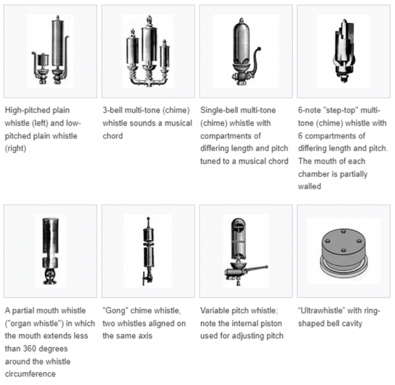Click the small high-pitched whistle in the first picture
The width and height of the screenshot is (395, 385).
coord(43,60)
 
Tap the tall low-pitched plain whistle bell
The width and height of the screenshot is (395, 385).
coord(58,43)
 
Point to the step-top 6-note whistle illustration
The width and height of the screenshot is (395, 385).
coord(343,50)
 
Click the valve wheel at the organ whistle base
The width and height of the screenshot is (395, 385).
coord(50,276)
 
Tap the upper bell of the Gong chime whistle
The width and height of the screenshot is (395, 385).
coord(148,234)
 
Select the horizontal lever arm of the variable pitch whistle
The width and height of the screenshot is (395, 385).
coord(254,269)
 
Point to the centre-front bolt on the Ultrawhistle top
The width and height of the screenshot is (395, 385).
coord(343,250)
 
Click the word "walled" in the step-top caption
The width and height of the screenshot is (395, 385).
coord(310,186)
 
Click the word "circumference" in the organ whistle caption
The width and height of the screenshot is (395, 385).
coord(30,374)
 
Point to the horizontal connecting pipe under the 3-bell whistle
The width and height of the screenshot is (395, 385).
coord(149,82)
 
